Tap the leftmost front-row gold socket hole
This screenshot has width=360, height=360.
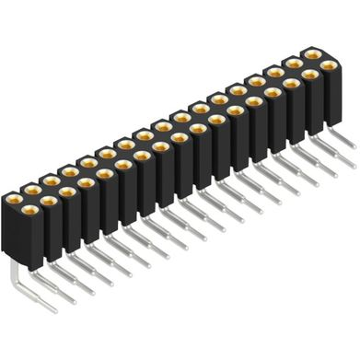pyautogui.click(x=16, y=198)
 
